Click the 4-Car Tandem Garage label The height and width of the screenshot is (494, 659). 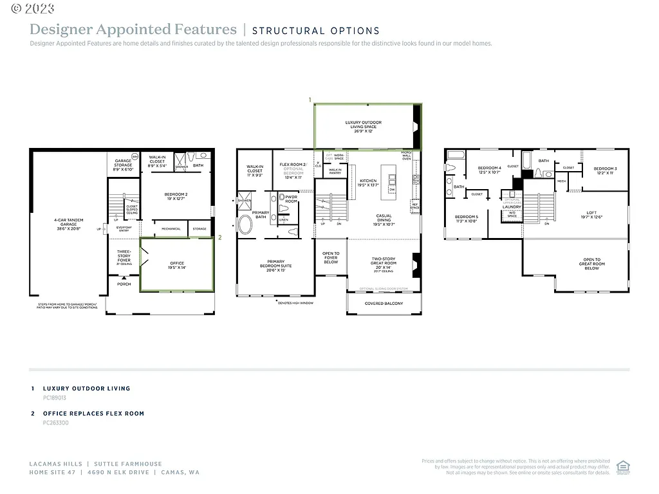(68, 224)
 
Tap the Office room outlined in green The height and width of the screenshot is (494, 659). (177, 264)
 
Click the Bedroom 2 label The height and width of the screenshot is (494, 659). (176, 196)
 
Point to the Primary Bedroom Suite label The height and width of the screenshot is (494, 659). (275, 266)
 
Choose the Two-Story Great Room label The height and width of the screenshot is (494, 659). (384, 263)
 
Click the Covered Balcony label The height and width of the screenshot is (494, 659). (384, 304)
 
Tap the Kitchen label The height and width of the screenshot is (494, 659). (369, 183)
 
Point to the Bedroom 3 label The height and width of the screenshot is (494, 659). (605, 170)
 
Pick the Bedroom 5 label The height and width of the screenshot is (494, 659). (467, 219)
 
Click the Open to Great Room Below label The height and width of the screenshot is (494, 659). (591, 264)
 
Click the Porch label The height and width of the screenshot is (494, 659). (124, 284)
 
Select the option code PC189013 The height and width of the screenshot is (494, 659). (55, 398)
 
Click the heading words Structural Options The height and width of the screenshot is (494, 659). (315, 30)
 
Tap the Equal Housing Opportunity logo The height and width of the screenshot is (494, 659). (622, 467)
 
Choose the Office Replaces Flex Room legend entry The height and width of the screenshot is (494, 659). (93, 414)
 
